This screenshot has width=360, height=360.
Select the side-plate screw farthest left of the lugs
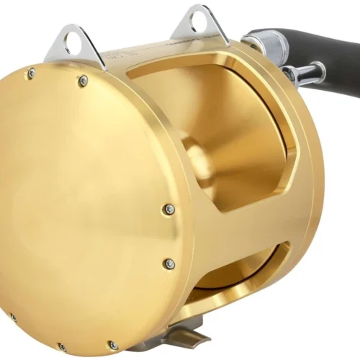31,73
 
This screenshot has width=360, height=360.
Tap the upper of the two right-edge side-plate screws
168,210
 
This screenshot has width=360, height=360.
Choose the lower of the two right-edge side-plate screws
169,264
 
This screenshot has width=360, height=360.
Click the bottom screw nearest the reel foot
113,345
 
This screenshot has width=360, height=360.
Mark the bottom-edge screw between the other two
62,348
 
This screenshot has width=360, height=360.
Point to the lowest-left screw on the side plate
13,317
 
